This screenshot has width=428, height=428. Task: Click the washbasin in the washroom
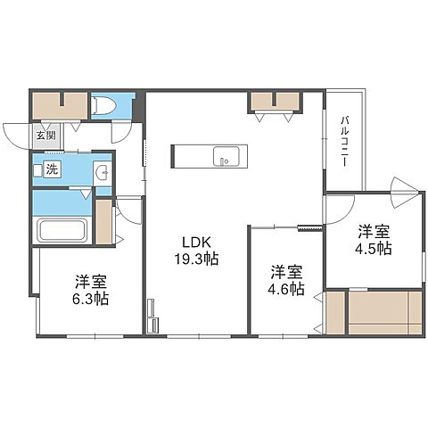point(100,171)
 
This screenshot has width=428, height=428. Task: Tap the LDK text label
point(197,241)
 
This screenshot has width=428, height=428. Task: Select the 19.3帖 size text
point(198,259)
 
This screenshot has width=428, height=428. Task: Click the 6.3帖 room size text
point(92,300)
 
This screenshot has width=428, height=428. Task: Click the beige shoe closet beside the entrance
point(59,106)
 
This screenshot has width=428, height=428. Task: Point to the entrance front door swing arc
point(15,135)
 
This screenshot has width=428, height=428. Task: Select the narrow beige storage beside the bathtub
point(104,222)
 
